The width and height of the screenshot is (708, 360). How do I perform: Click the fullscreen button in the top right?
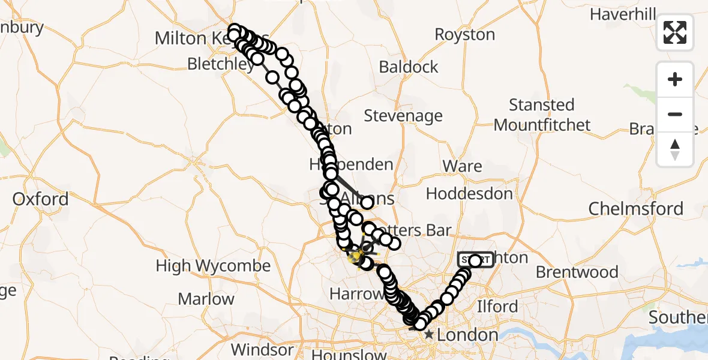675,32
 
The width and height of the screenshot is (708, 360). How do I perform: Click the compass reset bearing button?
675,149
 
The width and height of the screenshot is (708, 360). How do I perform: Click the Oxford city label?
40,199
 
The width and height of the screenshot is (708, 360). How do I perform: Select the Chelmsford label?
635,209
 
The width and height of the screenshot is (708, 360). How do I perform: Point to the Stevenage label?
403,115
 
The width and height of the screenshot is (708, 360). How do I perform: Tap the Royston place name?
464,35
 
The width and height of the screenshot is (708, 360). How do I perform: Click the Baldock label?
409,67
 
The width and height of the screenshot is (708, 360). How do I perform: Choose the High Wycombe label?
213,266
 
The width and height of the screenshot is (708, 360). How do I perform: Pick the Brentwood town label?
577,272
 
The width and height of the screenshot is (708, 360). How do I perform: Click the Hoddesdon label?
469,194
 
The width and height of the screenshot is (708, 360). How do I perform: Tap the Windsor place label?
262,349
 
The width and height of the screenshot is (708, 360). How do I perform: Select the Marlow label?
206,299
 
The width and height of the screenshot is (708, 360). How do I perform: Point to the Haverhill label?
623,14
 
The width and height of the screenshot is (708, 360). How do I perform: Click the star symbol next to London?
429,335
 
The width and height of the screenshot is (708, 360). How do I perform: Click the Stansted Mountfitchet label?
542,115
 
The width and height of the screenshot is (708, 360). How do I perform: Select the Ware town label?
462,166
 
